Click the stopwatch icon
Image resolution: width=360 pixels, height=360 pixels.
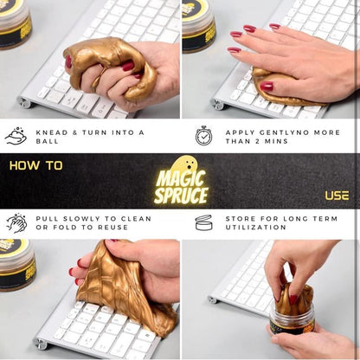203,136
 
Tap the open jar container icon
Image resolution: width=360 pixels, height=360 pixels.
203,222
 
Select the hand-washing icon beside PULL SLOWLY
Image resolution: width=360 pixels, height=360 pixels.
16,223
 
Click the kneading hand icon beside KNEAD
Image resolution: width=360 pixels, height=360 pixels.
16,136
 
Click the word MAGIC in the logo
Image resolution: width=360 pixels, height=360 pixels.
181,178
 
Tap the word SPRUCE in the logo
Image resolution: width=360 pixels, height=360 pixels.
181,196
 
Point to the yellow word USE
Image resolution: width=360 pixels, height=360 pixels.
337,196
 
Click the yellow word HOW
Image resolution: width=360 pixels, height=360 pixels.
25,165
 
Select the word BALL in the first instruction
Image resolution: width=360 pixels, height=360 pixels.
48,141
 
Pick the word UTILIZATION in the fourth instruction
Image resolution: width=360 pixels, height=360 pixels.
256,228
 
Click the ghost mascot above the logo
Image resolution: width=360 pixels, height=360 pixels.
184,164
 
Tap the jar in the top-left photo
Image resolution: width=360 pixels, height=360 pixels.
15,24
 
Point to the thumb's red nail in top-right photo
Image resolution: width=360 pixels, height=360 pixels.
267,86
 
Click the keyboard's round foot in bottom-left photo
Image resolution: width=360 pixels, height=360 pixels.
40,344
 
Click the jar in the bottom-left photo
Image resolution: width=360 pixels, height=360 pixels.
17,265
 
